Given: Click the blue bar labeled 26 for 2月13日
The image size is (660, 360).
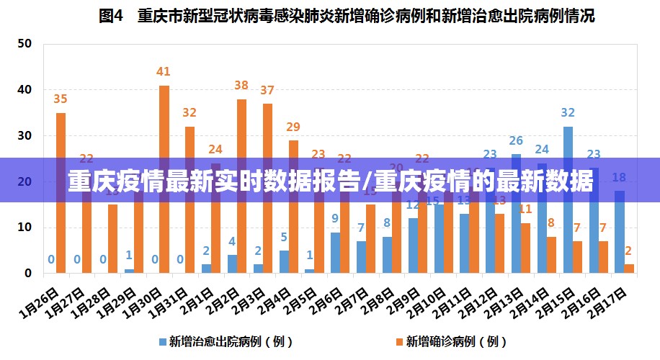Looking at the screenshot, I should pyautogui.click(x=517, y=214).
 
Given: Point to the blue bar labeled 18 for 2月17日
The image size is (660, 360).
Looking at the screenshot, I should pyautogui.click(x=619, y=232).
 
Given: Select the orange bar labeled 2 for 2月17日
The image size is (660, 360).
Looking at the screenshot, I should pyautogui.click(x=630, y=269).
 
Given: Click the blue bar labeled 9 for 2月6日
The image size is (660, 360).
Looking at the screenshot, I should pyautogui.click(x=335, y=253).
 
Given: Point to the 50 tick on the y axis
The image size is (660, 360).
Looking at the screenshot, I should pyautogui.click(x=24, y=43).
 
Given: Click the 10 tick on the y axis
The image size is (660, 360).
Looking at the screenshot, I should pyautogui.click(x=24, y=228).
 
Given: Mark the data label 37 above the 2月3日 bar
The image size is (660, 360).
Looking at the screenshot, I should pyautogui.click(x=267, y=91).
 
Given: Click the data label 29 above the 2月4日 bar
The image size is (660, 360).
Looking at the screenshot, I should pyautogui.click(x=293, y=127).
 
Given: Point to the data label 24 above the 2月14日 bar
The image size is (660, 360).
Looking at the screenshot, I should pyautogui.click(x=542, y=150).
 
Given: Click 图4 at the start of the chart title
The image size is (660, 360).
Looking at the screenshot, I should pyautogui.click(x=111, y=16).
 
